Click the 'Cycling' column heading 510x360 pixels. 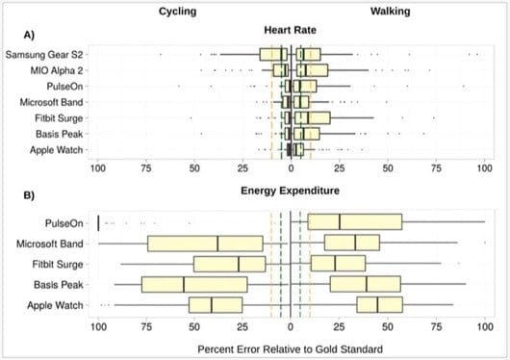click(x=179, y=13)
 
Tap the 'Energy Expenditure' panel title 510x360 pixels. click(x=289, y=191)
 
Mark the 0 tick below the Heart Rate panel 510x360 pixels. click(x=290, y=168)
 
